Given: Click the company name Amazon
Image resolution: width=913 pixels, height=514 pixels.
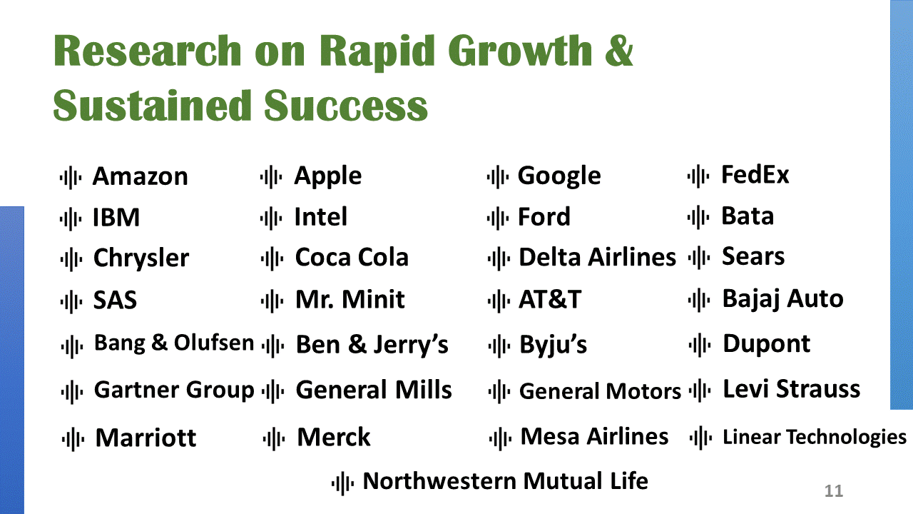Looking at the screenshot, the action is pos(141,176).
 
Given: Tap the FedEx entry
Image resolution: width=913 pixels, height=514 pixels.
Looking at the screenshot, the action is pos(755,175).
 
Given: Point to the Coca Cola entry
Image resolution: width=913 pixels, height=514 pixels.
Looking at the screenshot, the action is pos(352,258).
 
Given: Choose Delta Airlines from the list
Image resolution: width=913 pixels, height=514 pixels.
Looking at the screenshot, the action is pos(598,258).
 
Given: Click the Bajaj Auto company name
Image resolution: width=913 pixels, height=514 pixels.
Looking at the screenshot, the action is pos(783,299).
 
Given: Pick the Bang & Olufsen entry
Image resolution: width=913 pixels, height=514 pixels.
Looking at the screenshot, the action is pos(174,343).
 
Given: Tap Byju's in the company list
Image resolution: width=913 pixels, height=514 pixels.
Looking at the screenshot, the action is pos(553,345).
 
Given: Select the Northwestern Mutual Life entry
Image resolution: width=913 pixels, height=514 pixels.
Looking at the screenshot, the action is pos(506,481).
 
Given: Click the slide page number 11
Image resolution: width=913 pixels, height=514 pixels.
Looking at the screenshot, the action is pos(834,491).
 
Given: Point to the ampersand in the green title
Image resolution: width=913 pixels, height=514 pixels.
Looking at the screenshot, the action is pos(619,51).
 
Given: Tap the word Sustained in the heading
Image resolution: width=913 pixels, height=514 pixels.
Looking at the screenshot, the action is pos(152,106).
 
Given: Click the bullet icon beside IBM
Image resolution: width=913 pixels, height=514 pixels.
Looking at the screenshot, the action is pos(71,218).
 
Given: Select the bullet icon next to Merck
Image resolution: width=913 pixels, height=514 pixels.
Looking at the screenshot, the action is pos(274,439).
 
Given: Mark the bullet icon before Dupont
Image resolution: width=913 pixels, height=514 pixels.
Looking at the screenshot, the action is pos(700,345).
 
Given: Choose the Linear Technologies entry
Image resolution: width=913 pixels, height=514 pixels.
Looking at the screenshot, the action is pos(815,438).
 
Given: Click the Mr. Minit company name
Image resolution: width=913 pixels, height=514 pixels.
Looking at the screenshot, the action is pos(350,300).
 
